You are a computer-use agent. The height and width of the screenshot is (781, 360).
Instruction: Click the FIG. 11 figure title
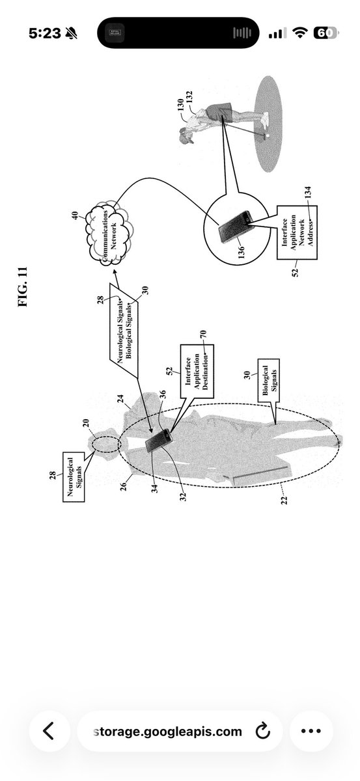pyautogui.click(x=22, y=286)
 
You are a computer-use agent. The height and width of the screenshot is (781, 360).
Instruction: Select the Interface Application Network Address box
pyautogui.click(x=298, y=232)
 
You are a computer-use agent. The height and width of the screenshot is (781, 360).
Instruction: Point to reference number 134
pyautogui.click(x=308, y=193)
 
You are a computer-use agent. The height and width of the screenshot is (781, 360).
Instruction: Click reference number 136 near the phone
pyautogui.click(x=241, y=253)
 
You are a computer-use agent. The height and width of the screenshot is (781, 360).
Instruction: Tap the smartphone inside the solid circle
pyautogui.click(x=235, y=226)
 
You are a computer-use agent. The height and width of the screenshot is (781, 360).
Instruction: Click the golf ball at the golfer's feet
pyautogui.click(x=268, y=135)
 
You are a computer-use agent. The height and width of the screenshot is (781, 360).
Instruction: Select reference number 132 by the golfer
pyautogui.click(x=189, y=97)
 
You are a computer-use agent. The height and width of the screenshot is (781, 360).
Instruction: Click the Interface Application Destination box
pyautogui.click(x=197, y=371)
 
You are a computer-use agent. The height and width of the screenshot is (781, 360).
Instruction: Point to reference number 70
pyautogui.click(x=203, y=334)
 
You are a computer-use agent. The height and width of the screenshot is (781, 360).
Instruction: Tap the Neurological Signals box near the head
pyautogui.click(x=74, y=477)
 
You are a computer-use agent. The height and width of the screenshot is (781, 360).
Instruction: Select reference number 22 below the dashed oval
pyautogui.click(x=284, y=500)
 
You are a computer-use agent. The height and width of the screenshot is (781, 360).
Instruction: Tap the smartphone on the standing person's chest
pyautogui.click(x=159, y=441)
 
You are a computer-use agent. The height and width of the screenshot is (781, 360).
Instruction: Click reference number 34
pyautogui.click(x=154, y=489)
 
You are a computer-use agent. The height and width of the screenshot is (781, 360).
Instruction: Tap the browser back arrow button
pyautogui.click(x=49, y=731)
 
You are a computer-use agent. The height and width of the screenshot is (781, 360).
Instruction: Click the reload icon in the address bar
pyautogui.click(x=262, y=731)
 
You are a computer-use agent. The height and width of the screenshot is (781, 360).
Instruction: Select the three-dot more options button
pyautogui.click(x=311, y=731)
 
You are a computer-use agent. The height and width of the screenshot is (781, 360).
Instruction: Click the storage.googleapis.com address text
pyautogui.click(x=168, y=731)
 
